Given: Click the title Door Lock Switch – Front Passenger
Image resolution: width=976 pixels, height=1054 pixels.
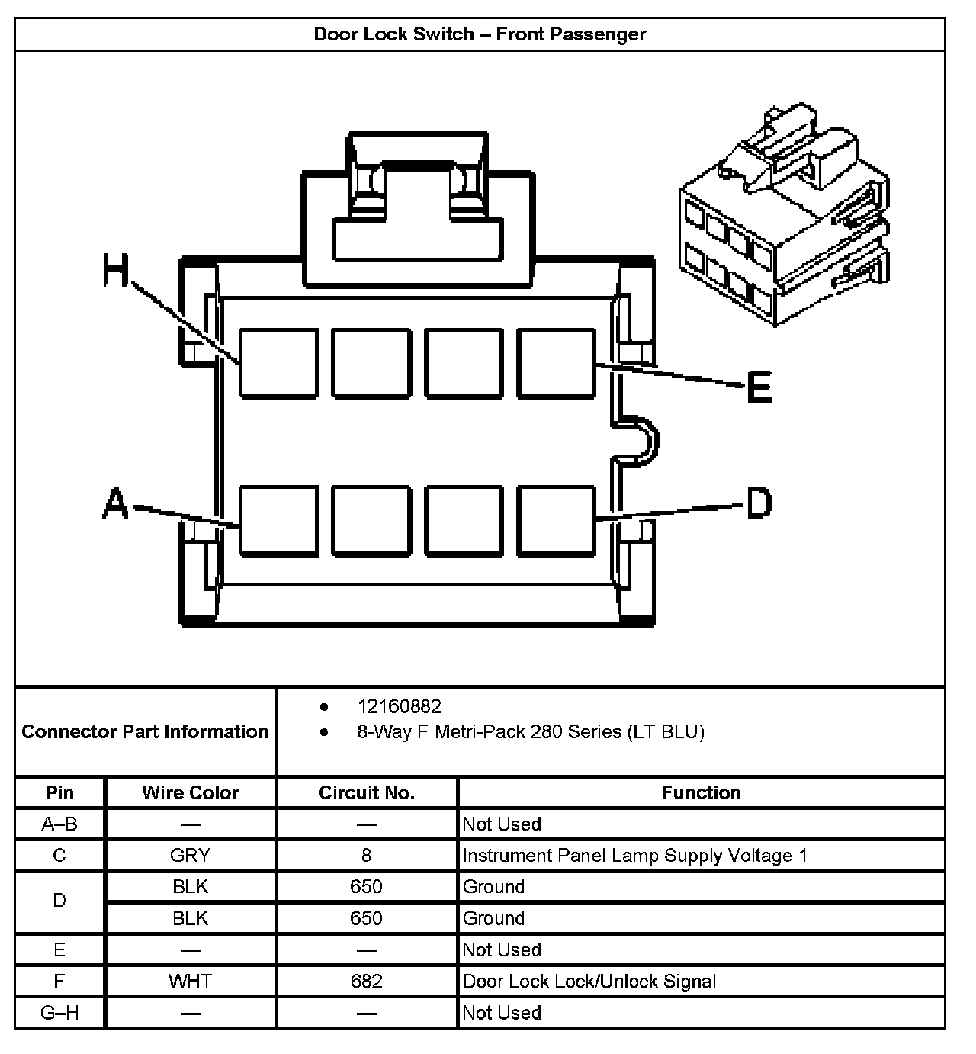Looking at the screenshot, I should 480,34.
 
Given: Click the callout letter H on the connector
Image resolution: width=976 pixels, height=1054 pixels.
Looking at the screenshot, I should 116,272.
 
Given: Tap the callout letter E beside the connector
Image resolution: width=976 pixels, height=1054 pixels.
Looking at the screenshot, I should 759,387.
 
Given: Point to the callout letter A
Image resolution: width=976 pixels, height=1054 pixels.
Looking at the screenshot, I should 115,505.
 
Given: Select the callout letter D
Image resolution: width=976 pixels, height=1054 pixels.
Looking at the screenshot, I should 759,503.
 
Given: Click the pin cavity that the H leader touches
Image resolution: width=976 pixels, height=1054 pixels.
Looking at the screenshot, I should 278,363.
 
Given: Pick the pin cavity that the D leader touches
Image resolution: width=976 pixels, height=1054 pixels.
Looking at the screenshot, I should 556,520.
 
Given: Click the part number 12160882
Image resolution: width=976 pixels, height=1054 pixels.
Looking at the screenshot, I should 399,707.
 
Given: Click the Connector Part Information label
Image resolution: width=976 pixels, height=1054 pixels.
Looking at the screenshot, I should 145,732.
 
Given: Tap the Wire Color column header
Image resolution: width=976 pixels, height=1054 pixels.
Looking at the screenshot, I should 190,793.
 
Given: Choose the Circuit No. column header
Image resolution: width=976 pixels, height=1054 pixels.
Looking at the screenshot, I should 366,793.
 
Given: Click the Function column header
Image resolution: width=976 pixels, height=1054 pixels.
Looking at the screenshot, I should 701,793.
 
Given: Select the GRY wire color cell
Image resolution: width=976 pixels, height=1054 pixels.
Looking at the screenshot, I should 190,856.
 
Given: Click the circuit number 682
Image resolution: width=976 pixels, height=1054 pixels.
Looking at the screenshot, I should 366,982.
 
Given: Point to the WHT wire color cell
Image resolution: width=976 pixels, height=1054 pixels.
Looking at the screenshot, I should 190,982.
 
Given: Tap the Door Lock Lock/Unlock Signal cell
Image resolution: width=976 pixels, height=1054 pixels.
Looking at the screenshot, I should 589,982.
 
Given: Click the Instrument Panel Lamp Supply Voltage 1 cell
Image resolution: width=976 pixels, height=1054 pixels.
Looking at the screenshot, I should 634,856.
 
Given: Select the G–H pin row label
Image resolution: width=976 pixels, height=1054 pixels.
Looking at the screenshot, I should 59,1013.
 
